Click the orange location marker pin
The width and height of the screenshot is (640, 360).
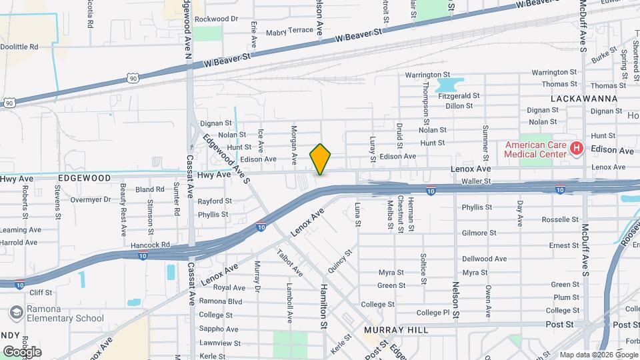coord(320,159)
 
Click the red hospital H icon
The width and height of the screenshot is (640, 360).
coord(577,149)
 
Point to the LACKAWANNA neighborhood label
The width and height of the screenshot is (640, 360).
coord(584,98)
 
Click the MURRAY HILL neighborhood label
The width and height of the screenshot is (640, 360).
coord(392,330)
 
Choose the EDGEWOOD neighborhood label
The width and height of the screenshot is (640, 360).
coord(84,178)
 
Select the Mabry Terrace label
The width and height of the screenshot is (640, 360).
coord(289,30)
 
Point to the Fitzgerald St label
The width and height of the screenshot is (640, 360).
coord(459,96)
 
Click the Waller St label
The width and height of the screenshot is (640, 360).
coord(475,181)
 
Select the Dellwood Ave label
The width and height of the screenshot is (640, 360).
coord(485,259)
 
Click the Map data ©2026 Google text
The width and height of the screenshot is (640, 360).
coord(598,355)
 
